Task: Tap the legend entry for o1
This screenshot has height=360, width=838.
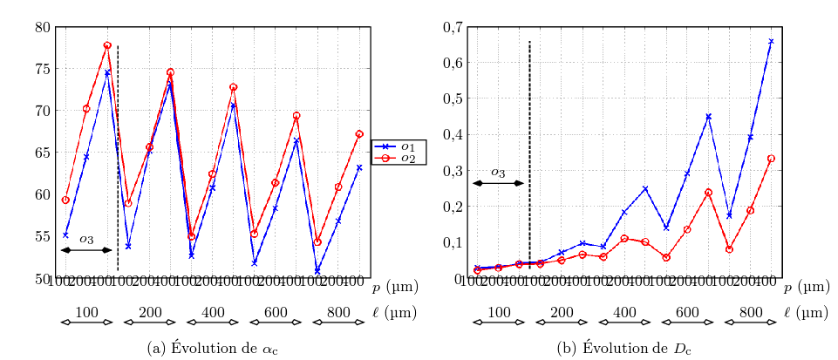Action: pos(399,146)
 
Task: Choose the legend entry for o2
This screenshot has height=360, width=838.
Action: pos(399,158)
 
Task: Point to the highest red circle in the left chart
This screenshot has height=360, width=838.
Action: pos(107,45)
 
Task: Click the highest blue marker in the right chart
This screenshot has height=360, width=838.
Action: pos(771,41)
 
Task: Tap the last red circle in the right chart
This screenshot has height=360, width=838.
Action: pos(771,159)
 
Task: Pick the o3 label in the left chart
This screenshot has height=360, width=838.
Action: pos(86,239)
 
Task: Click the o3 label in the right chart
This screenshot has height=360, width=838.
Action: pos(498,173)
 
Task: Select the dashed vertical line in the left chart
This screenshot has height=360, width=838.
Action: pos(118,157)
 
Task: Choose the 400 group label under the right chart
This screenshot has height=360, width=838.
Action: pos(624,312)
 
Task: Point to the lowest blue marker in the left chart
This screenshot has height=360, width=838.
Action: pos(317,271)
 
